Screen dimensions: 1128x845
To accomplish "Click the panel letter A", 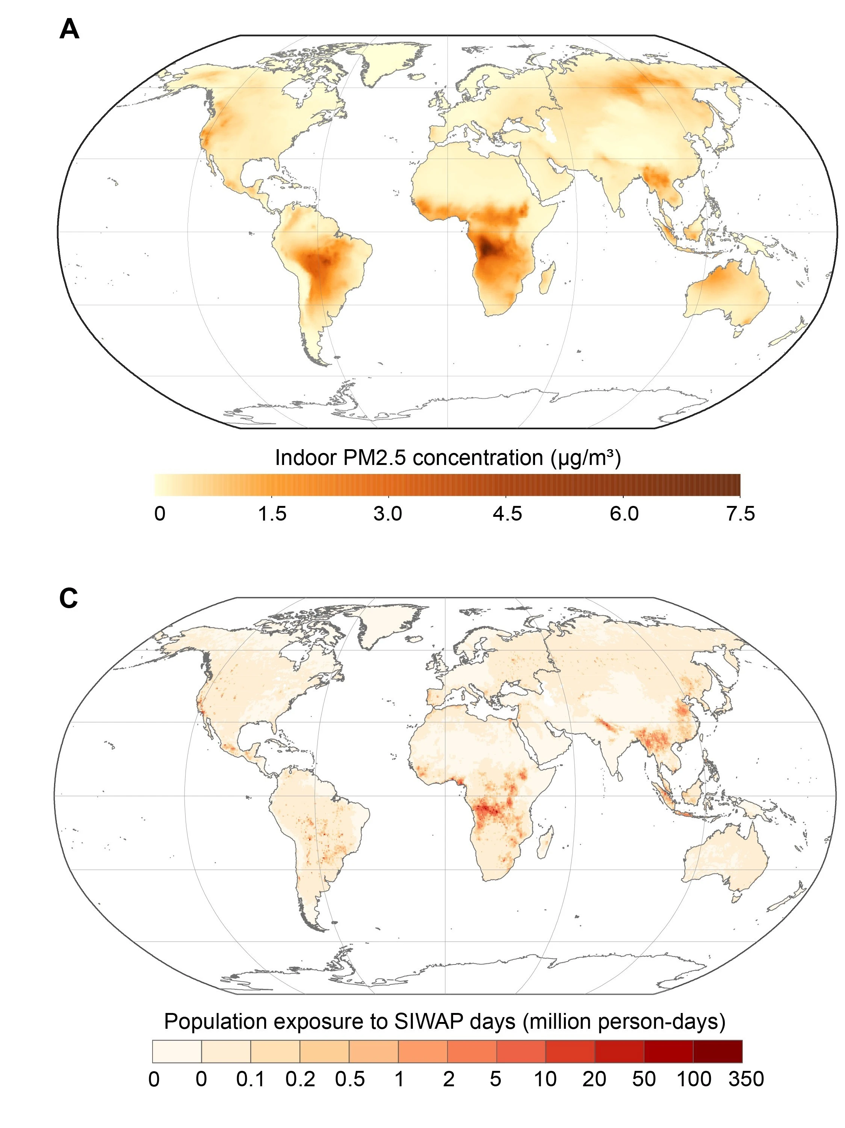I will click(69, 30).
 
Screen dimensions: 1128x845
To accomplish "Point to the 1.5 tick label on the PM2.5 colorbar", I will click(272, 513).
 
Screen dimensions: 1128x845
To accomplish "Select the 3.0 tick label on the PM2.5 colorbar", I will click(387, 513).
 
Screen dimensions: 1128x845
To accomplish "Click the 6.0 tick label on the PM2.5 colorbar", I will click(624, 513).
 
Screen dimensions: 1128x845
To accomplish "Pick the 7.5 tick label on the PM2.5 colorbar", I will click(740, 513).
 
